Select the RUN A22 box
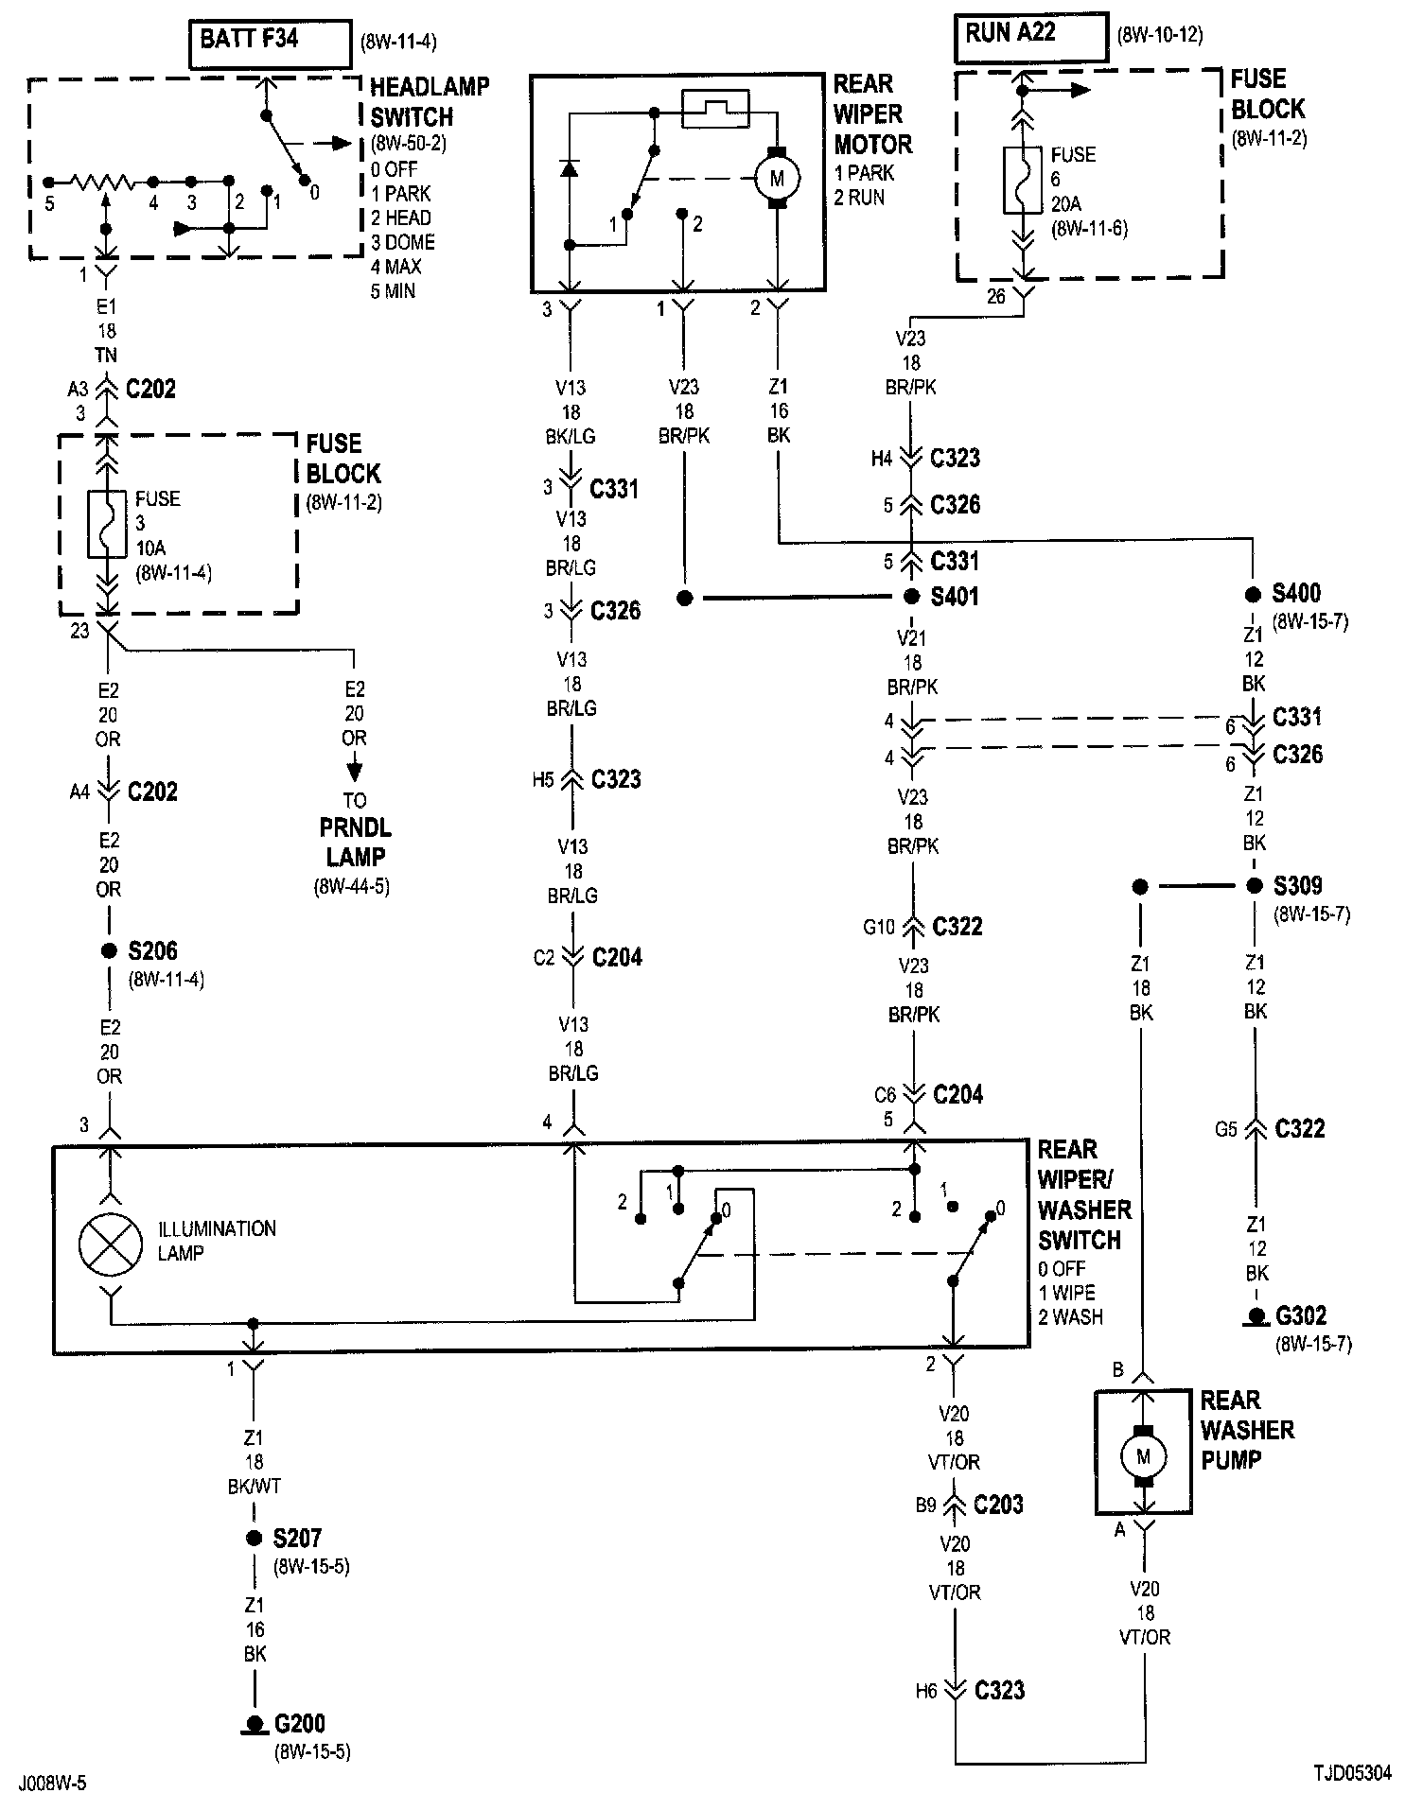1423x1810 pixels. (1030, 38)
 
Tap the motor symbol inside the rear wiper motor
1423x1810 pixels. (777, 178)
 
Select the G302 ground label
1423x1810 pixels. (1301, 1315)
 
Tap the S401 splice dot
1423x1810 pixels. (912, 597)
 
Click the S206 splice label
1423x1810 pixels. (152, 950)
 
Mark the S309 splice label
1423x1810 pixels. (1297, 886)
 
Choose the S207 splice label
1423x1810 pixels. (297, 1539)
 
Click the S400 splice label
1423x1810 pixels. (1296, 593)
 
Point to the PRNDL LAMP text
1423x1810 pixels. (356, 843)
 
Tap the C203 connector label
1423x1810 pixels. (998, 1505)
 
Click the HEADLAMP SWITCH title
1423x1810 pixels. (430, 102)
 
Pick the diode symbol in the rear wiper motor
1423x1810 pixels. (569, 168)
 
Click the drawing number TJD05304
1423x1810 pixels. (1352, 1773)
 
